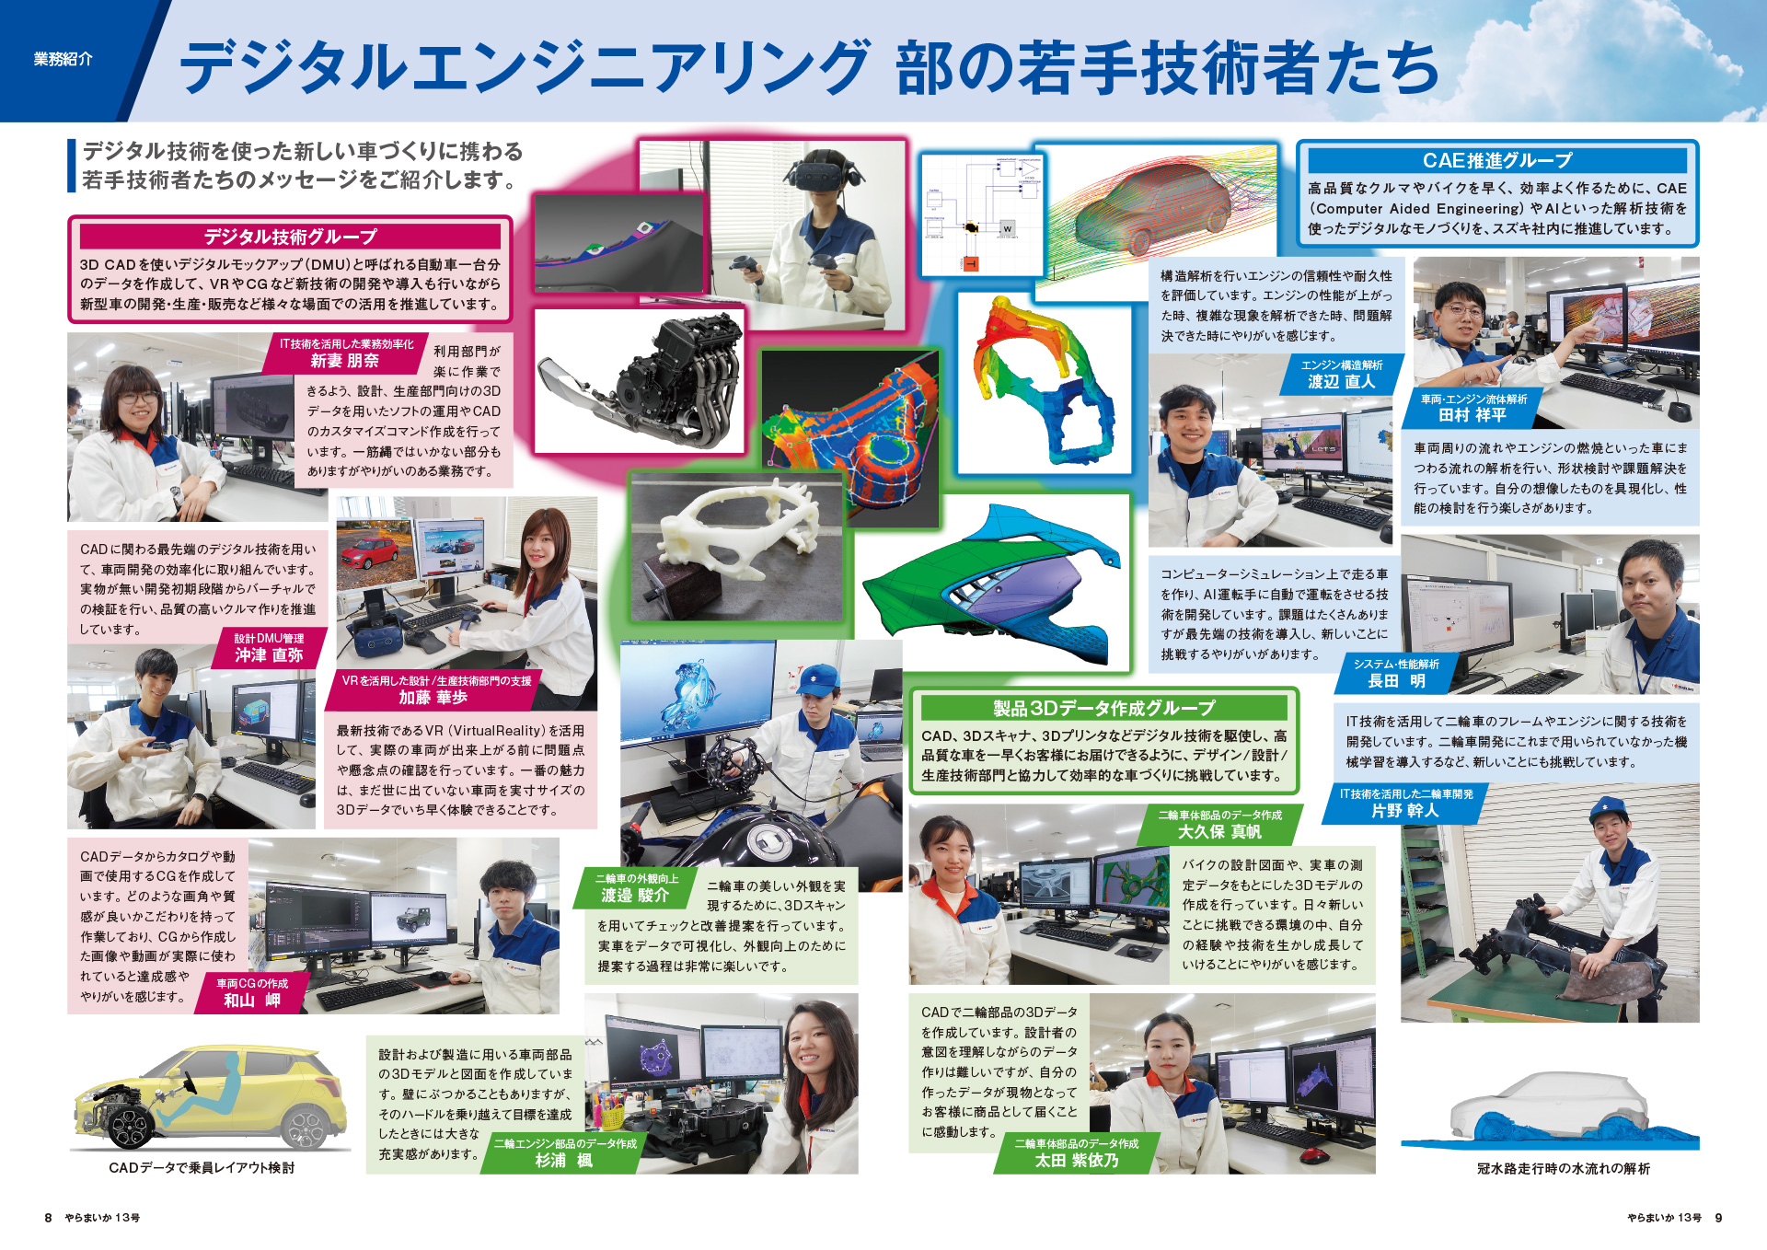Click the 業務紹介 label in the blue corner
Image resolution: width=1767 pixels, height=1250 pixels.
click(64, 59)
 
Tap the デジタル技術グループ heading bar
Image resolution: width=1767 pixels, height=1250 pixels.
click(290, 237)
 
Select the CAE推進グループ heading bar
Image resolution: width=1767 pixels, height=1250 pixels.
click(1497, 160)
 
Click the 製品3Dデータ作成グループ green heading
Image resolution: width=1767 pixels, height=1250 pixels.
click(1103, 708)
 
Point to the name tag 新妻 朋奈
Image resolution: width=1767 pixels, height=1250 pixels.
click(344, 360)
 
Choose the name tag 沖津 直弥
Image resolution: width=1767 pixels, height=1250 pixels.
click(269, 654)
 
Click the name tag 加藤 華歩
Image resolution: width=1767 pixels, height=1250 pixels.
click(433, 697)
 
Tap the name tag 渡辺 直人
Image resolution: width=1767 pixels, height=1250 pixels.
click(1341, 381)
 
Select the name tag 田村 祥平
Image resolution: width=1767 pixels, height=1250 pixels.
click(1472, 415)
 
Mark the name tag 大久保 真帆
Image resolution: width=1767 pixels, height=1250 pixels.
click(1219, 831)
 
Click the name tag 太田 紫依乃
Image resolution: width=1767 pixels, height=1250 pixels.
click(1077, 1160)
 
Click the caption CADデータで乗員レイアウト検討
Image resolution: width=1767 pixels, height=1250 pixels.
click(202, 1167)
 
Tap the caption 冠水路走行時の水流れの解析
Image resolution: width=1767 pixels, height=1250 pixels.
click(1563, 1168)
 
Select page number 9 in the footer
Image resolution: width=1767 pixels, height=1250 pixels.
click(1718, 1217)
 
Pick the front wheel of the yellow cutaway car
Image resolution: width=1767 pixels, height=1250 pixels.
click(130, 1124)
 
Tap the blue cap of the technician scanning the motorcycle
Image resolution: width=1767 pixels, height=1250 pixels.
click(818, 682)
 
